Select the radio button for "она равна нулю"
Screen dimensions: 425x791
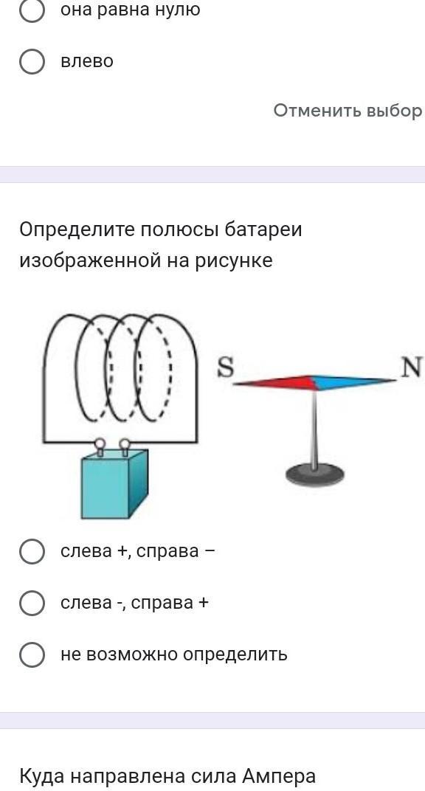32,10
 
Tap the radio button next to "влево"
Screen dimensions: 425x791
32,61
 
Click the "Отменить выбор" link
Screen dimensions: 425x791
348,110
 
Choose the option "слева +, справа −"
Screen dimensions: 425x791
32,551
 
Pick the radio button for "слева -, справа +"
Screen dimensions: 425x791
32,603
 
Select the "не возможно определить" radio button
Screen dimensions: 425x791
32,654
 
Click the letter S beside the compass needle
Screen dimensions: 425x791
226,367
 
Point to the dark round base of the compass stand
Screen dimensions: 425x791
315,475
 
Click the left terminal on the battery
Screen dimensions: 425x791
100,446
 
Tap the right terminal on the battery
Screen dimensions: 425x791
124,446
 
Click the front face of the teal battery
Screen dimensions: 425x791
105,488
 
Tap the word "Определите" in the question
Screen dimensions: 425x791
77,230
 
